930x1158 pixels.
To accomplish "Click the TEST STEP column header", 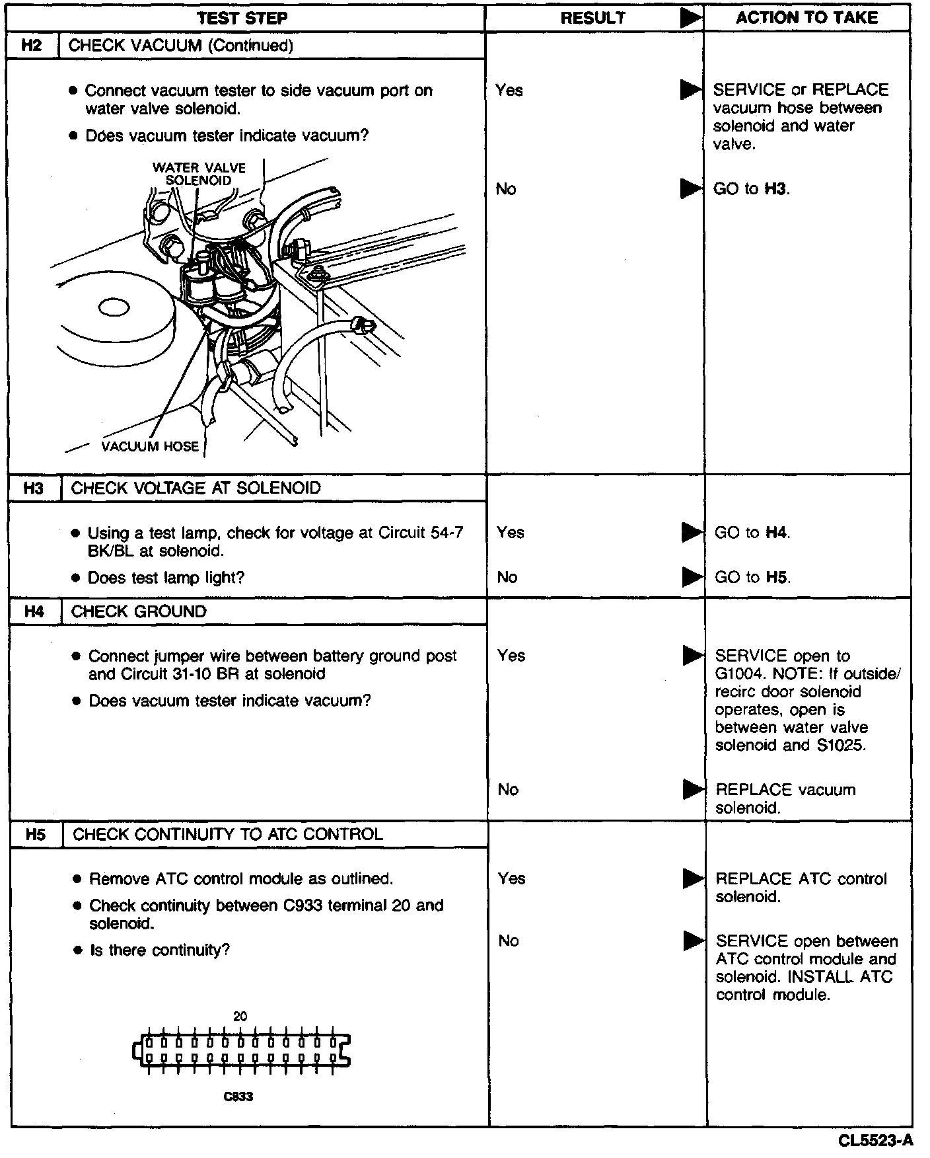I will pos(242,19).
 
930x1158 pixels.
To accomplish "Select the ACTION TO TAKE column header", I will pos(806,18).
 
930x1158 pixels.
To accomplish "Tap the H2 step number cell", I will pos(32,46).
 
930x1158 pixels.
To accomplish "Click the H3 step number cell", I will pos(34,488).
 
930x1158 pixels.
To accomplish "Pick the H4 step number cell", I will pos(34,612).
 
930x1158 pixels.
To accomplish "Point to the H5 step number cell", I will pos(36,835).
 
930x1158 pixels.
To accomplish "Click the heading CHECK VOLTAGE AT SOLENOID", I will pos(196,488).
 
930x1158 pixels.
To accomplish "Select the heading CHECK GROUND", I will pos(139,612).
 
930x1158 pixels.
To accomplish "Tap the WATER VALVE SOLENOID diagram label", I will pos(199,174).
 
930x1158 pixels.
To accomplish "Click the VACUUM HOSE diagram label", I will pos(150,447).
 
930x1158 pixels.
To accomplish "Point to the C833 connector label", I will pos(238,1097).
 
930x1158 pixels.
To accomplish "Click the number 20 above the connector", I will pos(240,1017).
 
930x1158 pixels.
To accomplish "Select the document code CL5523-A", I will pos(876,1141).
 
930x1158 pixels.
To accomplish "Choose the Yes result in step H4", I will pos(511,656).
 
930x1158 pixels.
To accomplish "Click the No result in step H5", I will pos(508,941).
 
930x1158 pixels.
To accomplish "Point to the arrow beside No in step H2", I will pos(691,189).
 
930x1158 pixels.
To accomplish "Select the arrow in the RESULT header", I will pos(691,19).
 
